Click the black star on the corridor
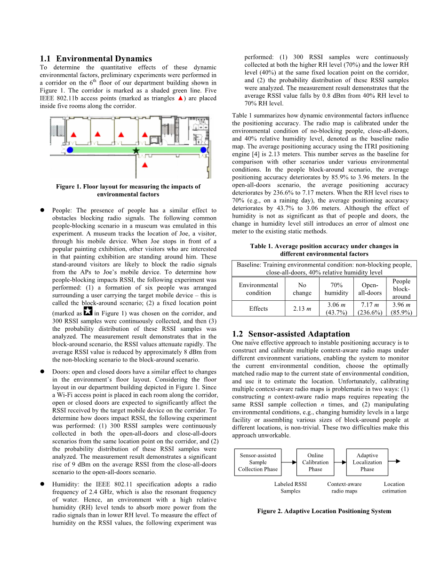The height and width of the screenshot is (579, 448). [136, 150]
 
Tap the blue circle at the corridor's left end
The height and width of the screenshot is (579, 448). [70, 150]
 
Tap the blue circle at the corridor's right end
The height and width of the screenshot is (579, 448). [203, 150]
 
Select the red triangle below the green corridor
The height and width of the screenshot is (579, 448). [145, 165]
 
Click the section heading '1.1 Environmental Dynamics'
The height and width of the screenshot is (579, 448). [96, 59]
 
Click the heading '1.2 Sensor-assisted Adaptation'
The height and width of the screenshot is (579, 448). [291, 334]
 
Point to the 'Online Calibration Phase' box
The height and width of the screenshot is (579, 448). [315, 462]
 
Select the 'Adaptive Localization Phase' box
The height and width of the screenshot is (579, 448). [367, 462]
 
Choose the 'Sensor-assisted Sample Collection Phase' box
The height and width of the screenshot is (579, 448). [257, 462]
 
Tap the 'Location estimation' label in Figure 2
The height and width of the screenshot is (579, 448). [394, 488]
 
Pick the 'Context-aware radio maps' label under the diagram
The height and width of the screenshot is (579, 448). [344, 488]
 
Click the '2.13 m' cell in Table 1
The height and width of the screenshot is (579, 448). [302, 309]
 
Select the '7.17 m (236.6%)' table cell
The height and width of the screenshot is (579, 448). [370, 309]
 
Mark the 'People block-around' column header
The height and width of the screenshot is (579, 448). [401, 289]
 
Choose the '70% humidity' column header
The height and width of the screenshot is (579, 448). [336, 289]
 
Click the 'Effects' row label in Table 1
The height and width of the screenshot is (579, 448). [258, 309]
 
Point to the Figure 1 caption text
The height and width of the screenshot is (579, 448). [128, 190]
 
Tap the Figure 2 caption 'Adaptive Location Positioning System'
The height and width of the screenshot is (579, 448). [324, 511]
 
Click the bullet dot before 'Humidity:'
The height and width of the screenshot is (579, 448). [42, 484]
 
